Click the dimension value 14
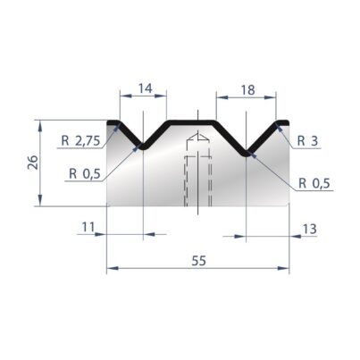(146, 88)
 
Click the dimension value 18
(247, 89)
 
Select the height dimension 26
(33, 163)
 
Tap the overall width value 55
(198, 261)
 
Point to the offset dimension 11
(88, 227)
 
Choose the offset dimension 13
(309, 229)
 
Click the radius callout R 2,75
(80, 141)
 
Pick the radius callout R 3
(308, 141)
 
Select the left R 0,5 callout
(85, 173)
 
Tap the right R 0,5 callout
(314, 183)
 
